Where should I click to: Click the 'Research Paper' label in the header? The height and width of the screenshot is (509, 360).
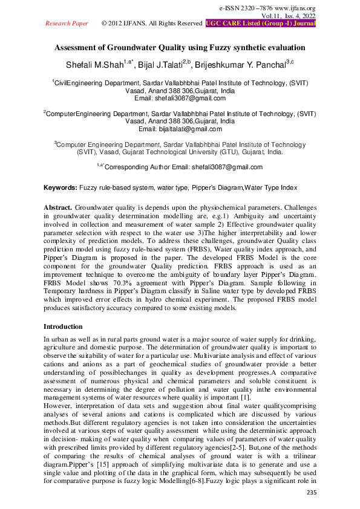67,23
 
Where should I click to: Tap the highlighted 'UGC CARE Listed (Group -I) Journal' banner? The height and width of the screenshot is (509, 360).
261,23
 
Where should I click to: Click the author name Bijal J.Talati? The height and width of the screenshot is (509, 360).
165,64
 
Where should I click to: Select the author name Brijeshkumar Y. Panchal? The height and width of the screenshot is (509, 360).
246,64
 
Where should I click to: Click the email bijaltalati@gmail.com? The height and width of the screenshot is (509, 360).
180,129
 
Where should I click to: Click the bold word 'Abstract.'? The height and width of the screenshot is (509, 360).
58,207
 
